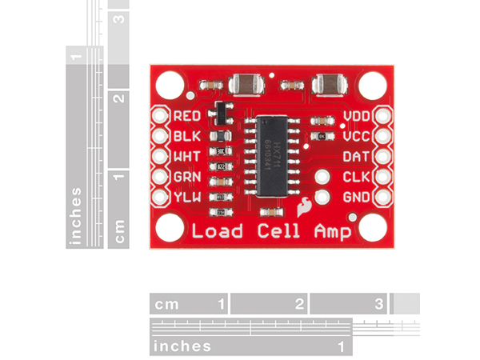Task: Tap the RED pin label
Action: click(186, 117)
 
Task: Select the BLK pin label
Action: click(186, 137)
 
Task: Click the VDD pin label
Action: click(356, 117)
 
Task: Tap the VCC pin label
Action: click(356, 137)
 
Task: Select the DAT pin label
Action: click(356, 157)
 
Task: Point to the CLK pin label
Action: click(356, 177)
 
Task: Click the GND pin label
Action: click(356, 197)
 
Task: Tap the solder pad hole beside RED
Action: click(160, 117)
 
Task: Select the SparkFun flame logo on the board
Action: click(304, 208)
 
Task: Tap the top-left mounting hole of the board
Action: click(170, 83)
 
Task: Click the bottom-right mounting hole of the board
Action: click(372, 228)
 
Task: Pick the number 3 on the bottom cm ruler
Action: click(379, 304)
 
